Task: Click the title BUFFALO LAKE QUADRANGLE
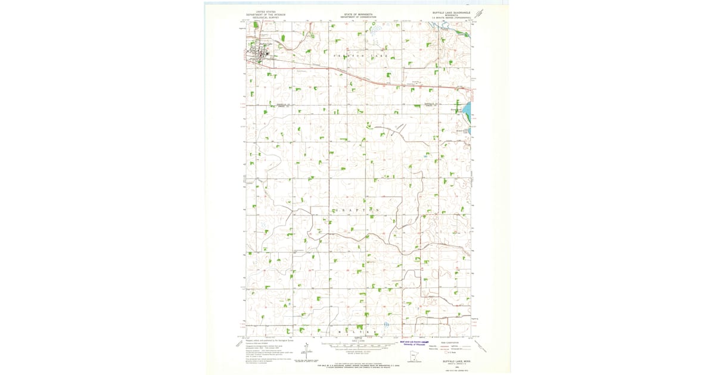[451, 12]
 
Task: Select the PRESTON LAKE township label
[363, 56]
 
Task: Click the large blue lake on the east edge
[468, 110]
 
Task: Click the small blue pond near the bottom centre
[386, 324]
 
